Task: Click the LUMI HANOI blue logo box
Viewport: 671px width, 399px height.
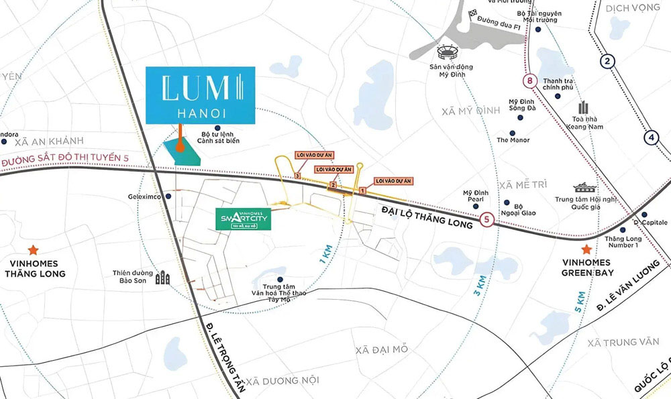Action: tap(200, 95)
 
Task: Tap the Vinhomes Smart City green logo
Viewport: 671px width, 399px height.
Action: tap(244, 219)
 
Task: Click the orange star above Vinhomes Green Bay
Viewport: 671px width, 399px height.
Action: tap(586, 248)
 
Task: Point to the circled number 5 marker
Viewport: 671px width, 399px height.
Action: tap(488, 219)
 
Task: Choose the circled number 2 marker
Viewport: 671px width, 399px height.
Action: tap(608, 62)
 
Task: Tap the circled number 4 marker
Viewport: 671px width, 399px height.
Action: tap(650, 138)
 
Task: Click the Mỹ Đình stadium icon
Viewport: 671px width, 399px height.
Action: tap(446, 52)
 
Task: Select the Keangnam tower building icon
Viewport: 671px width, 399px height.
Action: tap(582, 108)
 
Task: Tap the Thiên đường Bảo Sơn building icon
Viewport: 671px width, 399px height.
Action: tap(162, 278)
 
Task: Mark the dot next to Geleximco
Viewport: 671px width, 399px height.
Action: tap(168, 196)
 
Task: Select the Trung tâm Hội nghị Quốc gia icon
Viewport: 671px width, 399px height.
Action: tap(581, 190)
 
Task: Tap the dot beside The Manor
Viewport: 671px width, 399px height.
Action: tap(513, 134)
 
